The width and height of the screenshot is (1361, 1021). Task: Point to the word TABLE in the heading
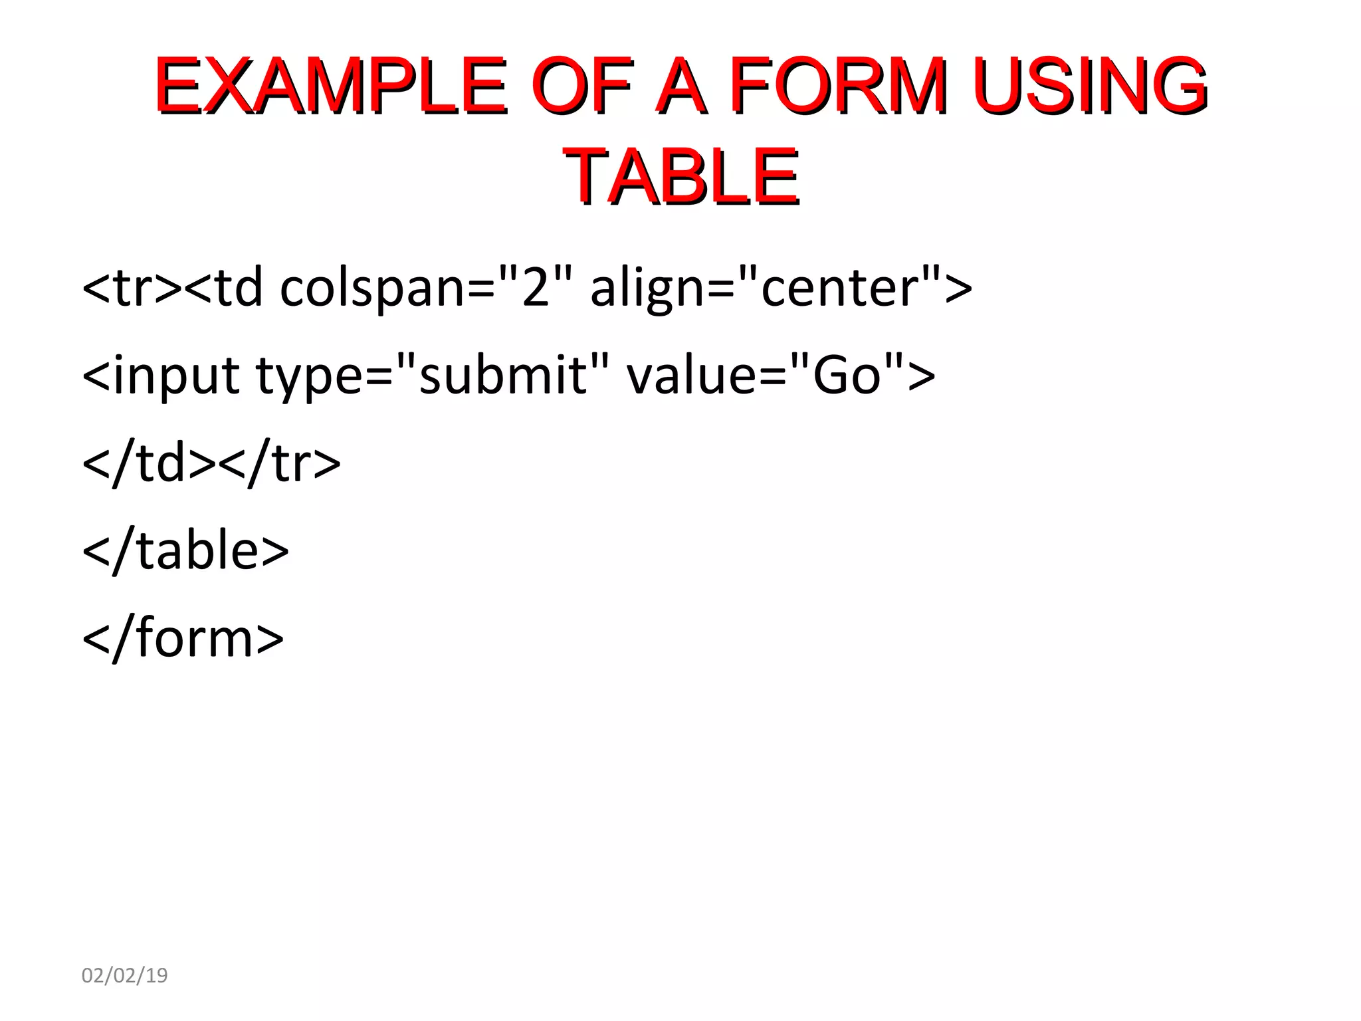click(680, 175)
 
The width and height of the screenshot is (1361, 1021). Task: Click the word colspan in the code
click(373, 288)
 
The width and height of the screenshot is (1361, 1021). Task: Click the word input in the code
click(176, 376)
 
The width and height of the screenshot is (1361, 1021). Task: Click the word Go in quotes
click(847, 375)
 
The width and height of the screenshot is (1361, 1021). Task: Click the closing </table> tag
click(185, 550)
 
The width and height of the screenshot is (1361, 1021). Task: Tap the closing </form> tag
click(183, 638)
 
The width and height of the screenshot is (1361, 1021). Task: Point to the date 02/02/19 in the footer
click(124, 975)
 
